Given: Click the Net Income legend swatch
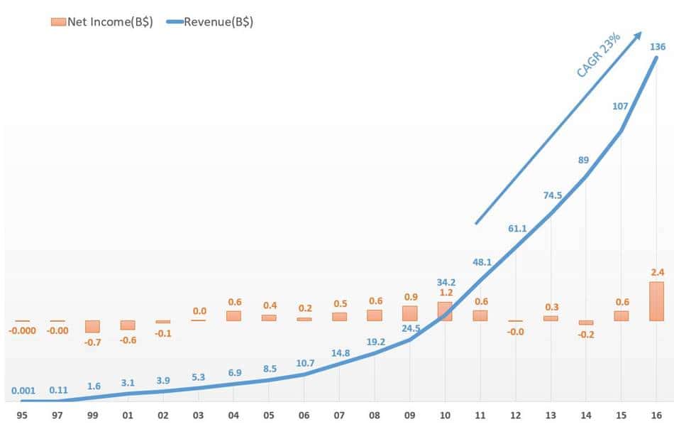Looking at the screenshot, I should (x=58, y=21).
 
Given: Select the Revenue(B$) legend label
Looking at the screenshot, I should (x=219, y=21).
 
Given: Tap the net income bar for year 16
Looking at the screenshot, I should (x=656, y=301).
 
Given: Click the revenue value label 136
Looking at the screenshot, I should (x=657, y=48).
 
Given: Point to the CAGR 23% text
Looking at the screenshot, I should (x=598, y=54).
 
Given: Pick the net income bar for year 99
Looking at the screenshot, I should (x=92, y=326).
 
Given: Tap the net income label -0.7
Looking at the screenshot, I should (x=92, y=342).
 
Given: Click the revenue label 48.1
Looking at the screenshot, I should (x=482, y=262).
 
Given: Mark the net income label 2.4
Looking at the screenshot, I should (x=656, y=272).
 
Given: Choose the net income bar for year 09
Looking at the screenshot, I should (x=410, y=313).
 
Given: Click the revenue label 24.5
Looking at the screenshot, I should (x=410, y=329).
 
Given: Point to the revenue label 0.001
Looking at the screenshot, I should (x=23, y=390).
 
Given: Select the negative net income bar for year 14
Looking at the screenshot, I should (x=586, y=323).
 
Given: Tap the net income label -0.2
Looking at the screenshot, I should (x=586, y=335).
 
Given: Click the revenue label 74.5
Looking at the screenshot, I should (x=551, y=196).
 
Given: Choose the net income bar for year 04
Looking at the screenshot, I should (x=233, y=315).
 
